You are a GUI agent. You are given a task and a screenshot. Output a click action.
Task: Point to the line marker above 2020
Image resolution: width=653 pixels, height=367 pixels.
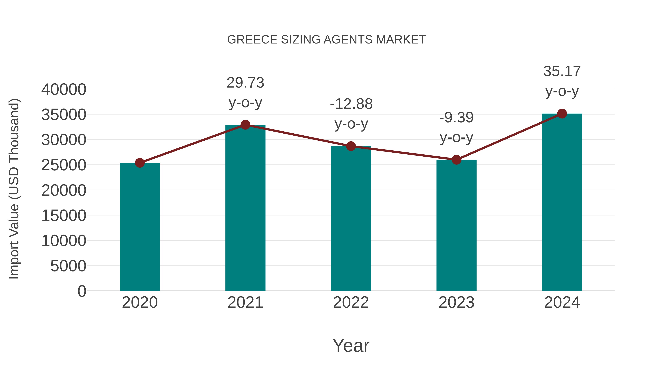(x=140, y=163)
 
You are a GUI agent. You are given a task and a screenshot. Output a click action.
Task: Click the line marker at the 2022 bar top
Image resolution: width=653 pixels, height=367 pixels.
(x=351, y=146)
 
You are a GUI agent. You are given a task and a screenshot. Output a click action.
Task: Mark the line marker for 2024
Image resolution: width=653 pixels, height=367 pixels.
(x=562, y=114)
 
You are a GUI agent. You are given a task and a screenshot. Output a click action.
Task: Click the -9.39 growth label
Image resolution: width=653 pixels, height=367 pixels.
(x=456, y=118)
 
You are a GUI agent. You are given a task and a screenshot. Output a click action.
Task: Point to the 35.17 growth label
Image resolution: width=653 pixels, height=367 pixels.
(x=562, y=71)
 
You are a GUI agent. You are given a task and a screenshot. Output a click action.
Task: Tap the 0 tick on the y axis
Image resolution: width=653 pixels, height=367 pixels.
(x=82, y=291)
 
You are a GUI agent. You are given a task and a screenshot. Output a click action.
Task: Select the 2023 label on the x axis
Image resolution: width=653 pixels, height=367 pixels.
(x=456, y=302)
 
